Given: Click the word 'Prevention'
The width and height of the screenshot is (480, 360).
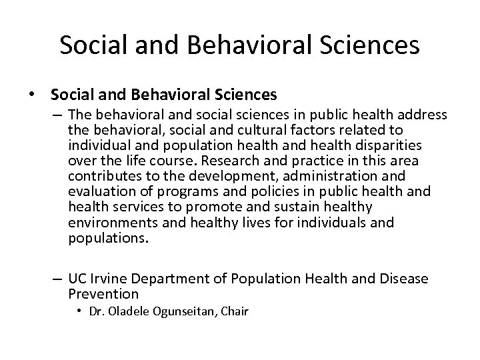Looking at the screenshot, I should pyautogui.click(x=103, y=293).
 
